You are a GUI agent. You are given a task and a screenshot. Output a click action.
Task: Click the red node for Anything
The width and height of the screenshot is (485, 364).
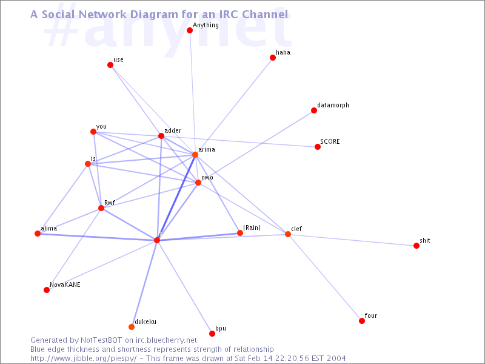tap(190, 30)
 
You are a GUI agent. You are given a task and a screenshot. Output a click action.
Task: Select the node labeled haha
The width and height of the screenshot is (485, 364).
tap(272, 58)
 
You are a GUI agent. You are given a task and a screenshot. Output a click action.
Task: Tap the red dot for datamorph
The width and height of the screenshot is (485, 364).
tap(314, 110)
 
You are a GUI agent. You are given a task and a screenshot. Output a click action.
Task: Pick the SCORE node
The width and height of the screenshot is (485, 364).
tap(318, 147)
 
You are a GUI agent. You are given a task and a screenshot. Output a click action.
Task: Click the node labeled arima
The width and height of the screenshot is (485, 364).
tap(195, 155)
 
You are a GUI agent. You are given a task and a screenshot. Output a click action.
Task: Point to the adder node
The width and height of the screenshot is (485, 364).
tap(161, 136)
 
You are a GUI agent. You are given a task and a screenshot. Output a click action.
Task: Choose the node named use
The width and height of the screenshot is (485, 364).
tap(110, 65)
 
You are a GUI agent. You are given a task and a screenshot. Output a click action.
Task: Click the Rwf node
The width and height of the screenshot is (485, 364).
tap(101, 208)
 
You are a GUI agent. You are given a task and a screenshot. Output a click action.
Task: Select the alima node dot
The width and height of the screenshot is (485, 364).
tap(38, 234)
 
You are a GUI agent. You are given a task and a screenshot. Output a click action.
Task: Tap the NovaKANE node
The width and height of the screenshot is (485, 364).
tap(47, 290)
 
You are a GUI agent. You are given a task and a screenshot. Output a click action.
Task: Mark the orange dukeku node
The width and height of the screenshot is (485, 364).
tap(132, 327)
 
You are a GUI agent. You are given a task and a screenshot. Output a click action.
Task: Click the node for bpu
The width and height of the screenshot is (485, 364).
tap(212, 334)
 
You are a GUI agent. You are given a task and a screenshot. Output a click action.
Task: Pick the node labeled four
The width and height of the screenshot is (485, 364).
tap(362, 321)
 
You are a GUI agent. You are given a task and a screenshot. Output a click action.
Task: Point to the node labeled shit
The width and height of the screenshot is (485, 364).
tap(416, 246)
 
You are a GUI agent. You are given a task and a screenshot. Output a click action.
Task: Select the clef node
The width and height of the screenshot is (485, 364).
tap(287, 234)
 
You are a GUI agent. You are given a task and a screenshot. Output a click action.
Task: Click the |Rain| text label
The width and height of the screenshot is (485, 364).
tap(252, 228)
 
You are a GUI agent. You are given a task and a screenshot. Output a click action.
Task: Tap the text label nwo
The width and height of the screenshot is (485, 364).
tap(207, 178)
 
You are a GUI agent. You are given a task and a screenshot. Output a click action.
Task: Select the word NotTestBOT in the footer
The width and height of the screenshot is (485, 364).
tap(101, 340)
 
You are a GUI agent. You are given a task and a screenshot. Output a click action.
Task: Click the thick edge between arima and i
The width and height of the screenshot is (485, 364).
tap(176, 197)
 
